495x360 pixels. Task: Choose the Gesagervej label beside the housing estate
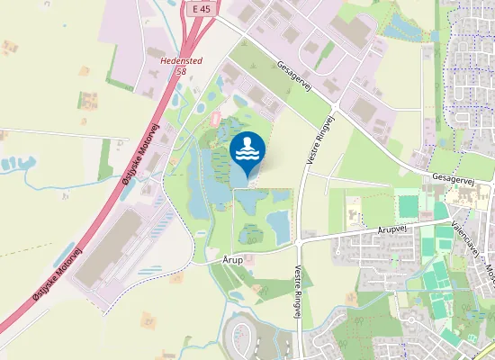pos(452,179)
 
